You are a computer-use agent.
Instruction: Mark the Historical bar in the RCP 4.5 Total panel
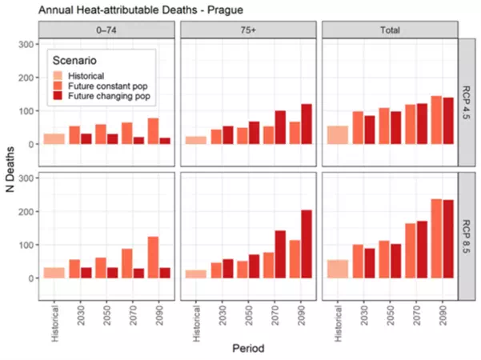(x=339, y=135)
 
